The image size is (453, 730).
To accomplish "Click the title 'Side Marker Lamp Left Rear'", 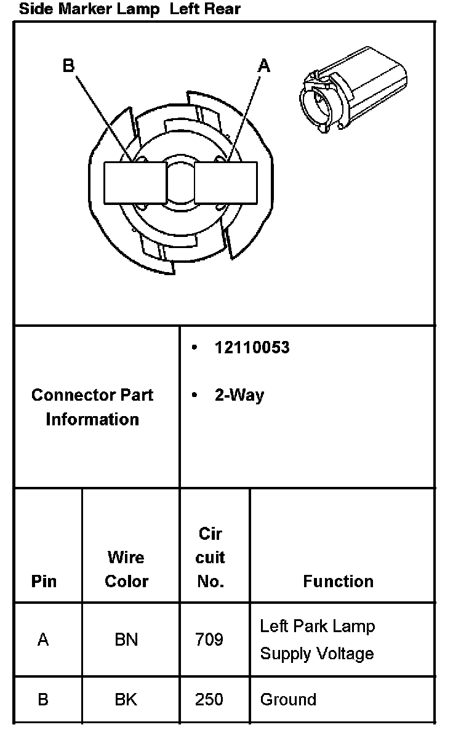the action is tap(130, 9).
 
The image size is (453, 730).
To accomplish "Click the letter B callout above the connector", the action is tap(69, 66).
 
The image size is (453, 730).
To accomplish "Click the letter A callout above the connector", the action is tap(263, 65).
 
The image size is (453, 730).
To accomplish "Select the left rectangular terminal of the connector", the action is tap(135, 183).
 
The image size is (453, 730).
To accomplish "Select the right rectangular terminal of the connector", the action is tap(225, 183).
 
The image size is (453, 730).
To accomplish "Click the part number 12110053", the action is tap(252, 348).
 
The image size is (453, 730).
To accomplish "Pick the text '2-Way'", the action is tap(239, 395).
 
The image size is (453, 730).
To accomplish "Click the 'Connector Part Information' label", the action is tap(92, 407).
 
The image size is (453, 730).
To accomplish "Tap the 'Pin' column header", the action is tap(44, 581).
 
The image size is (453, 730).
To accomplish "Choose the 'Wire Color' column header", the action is tap(126, 569).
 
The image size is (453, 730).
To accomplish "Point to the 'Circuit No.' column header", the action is tap(210, 557).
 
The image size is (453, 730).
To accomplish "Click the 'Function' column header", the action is tap(338, 581).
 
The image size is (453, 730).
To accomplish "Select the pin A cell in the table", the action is tap(43, 640).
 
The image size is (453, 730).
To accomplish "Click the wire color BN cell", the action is tap(126, 640).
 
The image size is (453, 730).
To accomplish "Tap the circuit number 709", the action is tap(209, 640).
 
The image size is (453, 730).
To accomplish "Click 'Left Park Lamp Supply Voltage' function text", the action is tap(317, 640).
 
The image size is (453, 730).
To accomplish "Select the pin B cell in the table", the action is tap(43, 699).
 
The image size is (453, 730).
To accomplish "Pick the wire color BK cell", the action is tap(126, 699).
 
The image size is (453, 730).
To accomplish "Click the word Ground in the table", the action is tap(288, 699).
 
